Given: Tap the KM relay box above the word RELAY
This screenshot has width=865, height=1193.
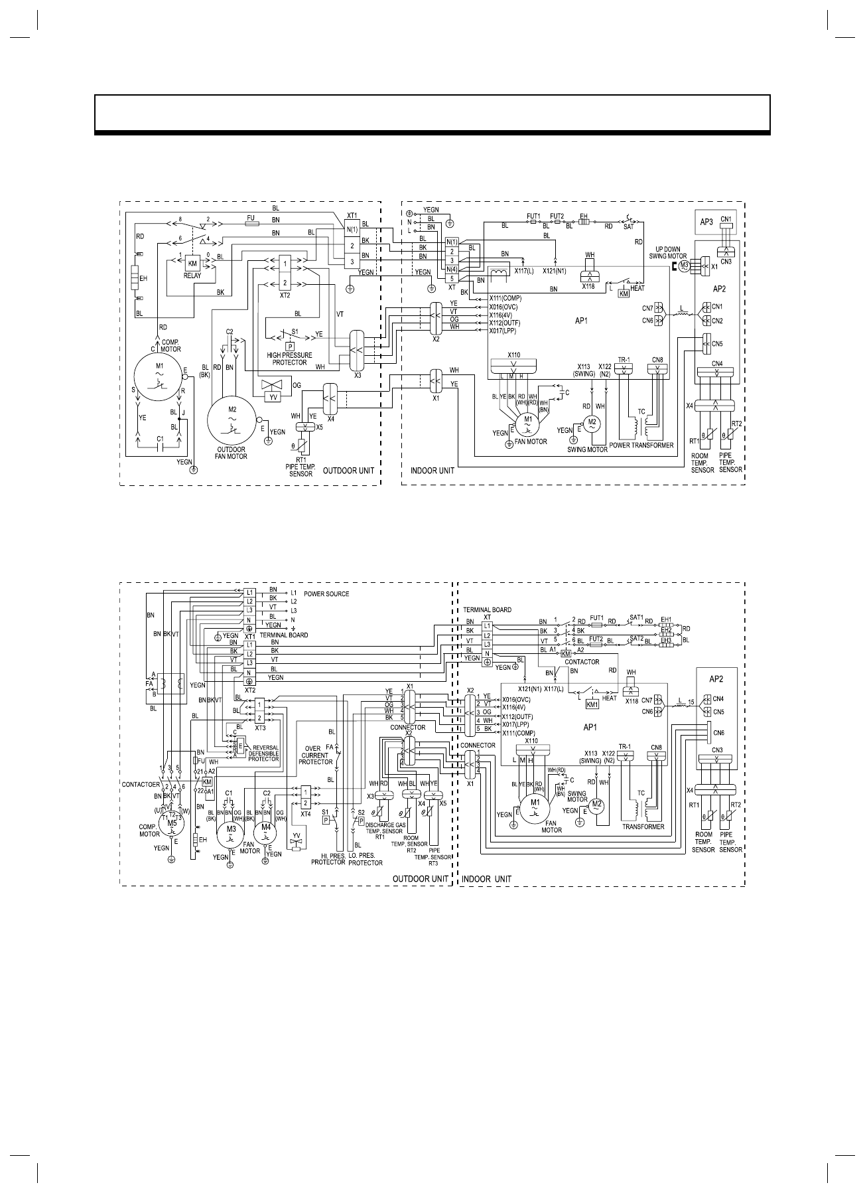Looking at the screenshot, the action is (193, 264).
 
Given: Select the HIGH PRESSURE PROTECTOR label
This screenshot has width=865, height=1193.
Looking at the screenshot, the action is (289, 358).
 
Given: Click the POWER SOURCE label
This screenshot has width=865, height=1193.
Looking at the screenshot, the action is (326, 594).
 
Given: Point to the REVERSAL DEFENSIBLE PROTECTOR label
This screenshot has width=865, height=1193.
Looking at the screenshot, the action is (264, 752).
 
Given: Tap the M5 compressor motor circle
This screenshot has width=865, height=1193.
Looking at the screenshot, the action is (172, 822).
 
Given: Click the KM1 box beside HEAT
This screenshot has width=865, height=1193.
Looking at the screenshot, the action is (592, 704).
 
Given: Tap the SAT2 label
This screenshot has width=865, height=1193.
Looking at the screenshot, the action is (637, 637).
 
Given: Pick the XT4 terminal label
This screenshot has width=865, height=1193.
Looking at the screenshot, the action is (305, 814).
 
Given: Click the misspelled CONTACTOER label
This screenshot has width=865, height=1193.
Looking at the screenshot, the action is (139, 784).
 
